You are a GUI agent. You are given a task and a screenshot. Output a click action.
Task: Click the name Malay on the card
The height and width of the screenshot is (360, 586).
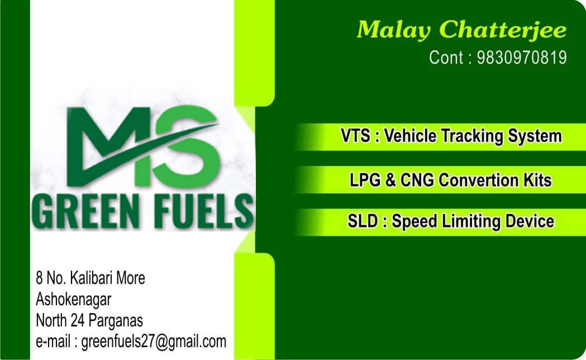pos(394,30)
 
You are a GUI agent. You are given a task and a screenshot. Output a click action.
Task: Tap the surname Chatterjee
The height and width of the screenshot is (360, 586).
pos(503,30)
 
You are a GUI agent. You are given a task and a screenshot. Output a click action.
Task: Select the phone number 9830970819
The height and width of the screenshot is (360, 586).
pos(522,58)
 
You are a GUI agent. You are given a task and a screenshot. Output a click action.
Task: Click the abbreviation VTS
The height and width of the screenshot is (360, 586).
pos(355,135)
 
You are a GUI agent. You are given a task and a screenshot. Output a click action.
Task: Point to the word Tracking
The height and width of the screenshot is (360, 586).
pos(473,136)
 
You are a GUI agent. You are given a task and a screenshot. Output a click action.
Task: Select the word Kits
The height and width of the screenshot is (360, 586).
pos(537,180)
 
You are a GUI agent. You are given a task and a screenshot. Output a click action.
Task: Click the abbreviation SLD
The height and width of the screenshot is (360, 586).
pos(362,221)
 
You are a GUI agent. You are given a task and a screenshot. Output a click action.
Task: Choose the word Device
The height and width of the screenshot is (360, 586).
pos(530,221)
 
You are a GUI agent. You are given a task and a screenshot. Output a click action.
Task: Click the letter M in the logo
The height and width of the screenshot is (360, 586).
pos(108,146)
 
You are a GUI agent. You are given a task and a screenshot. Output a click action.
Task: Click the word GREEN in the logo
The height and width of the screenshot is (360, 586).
pos(86,212)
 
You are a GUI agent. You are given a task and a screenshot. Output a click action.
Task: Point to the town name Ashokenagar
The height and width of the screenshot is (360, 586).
pos(73,300)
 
